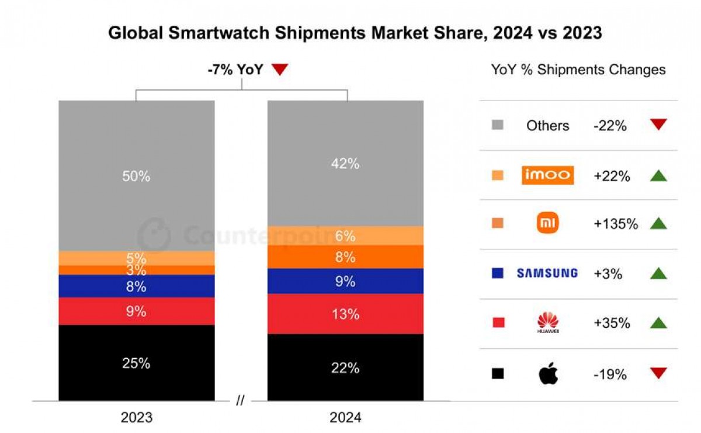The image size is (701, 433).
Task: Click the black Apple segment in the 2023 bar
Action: pos(136,362)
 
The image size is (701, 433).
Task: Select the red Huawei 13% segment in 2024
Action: pos(345,314)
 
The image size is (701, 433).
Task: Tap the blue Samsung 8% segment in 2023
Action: pos(136,286)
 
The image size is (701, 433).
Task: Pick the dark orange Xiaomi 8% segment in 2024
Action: pos(345,257)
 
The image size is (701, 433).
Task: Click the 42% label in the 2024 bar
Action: pos(345,164)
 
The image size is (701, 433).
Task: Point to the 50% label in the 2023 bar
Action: pos(136,176)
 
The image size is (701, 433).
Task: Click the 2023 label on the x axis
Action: pos(136,418)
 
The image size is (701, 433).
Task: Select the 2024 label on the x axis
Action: pos(345,418)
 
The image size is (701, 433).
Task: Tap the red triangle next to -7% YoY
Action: pos(280,70)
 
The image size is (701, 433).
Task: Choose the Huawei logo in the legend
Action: pos(547,323)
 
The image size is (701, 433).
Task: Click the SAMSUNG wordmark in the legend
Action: pos(547,273)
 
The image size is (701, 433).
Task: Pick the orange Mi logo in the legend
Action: pos(547,223)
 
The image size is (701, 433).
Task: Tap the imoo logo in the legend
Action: pos(547,175)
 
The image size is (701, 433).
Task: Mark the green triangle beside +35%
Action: pos(658,323)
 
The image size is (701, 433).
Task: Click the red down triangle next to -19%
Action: pos(658,373)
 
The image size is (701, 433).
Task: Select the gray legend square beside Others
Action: pos(498,125)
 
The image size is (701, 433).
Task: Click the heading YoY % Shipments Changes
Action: pos(578,70)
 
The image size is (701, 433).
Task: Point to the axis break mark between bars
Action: pos(240,401)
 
